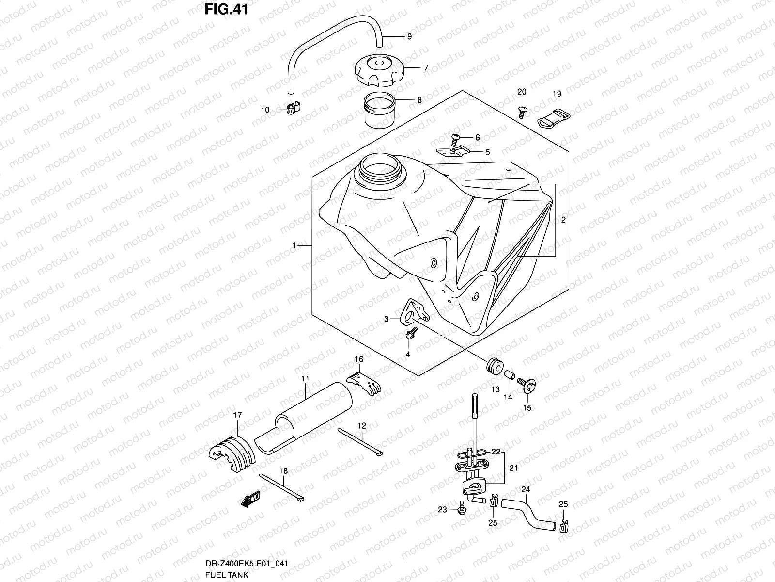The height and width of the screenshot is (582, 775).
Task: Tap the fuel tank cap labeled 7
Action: coord(378,71)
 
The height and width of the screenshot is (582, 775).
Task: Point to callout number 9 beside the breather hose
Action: coord(409,36)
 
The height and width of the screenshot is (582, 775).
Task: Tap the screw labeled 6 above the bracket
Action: coord(456,139)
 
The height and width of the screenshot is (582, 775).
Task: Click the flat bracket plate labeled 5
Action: coord(452,152)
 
